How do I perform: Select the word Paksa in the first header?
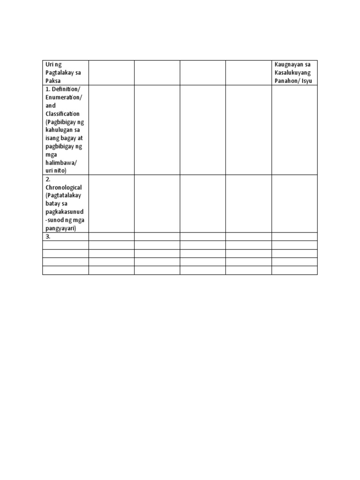(52, 81)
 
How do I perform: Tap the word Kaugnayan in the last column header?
(287, 64)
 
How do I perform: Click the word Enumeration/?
(64, 97)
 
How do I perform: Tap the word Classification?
(62, 114)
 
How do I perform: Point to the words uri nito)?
(56, 171)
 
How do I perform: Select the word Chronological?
(63, 187)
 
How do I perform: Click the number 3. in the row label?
(48, 237)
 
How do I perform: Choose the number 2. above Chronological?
(48, 179)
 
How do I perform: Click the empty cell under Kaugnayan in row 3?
(294, 237)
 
